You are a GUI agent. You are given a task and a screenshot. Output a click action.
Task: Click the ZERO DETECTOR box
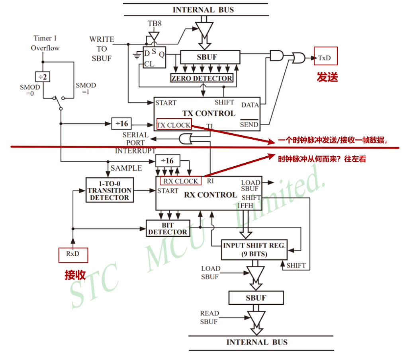pos(202,78)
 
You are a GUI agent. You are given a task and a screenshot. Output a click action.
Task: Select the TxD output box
pos(325,58)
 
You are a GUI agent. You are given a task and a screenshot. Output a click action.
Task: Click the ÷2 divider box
pos(43,77)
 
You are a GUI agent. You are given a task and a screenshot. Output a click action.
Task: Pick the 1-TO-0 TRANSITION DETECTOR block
pos(109,190)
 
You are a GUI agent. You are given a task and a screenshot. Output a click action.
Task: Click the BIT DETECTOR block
pos(167,229)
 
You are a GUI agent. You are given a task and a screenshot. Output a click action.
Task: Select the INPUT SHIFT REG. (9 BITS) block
pos(254,249)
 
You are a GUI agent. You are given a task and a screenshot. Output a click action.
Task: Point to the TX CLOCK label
pos(174,125)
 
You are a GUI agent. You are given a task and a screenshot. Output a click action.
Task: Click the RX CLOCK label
pos(181,181)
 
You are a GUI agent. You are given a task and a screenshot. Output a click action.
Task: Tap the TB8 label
pos(155,23)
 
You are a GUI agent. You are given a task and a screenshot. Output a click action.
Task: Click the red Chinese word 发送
pos(327,77)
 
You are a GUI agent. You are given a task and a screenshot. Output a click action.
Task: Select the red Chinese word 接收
pos(75,275)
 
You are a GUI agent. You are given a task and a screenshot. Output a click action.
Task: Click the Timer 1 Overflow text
pos(45,43)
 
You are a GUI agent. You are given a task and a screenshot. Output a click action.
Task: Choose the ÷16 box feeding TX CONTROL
pos(122,124)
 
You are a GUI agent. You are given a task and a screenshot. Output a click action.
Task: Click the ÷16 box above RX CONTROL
pos(167,160)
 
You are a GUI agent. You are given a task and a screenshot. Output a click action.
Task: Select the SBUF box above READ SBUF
pos(256,298)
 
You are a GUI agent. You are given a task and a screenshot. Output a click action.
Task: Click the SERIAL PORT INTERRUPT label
pos(135,143)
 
